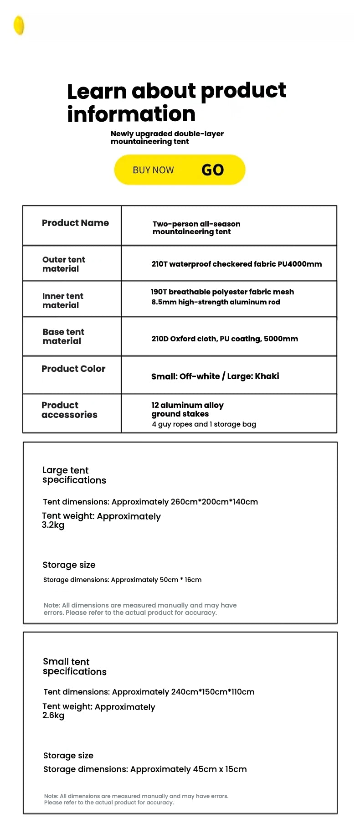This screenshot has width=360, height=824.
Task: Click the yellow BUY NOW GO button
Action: [x=180, y=170]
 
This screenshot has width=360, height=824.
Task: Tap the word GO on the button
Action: [x=212, y=170]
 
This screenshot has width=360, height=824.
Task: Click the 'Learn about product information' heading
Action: [x=176, y=102]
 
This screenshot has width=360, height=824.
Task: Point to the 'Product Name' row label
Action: [x=75, y=223]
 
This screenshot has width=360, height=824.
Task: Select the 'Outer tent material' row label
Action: [x=63, y=264]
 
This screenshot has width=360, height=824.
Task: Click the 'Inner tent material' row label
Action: [x=62, y=300]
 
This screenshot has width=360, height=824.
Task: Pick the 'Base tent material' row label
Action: [x=63, y=336]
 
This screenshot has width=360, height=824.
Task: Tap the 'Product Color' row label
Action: [x=73, y=369]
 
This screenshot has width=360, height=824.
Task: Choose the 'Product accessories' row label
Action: [x=69, y=410]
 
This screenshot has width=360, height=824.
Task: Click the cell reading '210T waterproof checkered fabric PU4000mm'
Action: [x=237, y=264]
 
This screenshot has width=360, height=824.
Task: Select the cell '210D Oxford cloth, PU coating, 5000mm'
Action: [x=225, y=339]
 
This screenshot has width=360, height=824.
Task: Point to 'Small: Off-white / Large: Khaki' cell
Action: [x=215, y=376]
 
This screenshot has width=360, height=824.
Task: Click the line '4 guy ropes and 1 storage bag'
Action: [x=204, y=424]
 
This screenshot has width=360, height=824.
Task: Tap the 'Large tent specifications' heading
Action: [x=74, y=475]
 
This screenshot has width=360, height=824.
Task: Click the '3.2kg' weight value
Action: [x=53, y=525]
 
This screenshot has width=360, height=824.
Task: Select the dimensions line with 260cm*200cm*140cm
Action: [x=150, y=502]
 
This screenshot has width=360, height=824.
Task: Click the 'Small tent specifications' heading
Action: [x=74, y=666]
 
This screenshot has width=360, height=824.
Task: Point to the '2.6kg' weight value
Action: [x=53, y=716]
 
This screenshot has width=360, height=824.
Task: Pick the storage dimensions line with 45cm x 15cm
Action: [x=145, y=769]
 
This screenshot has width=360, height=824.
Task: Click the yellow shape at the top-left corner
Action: [x=19, y=25]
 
